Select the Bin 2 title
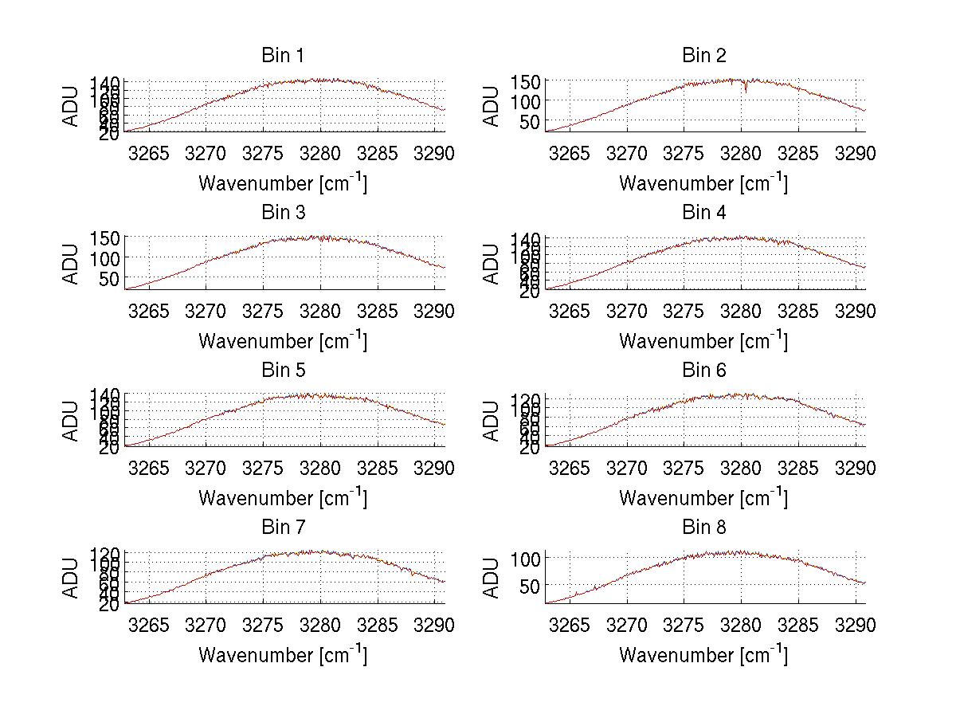click(x=703, y=56)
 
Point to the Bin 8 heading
click(x=703, y=528)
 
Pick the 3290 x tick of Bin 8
click(x=856, y=626)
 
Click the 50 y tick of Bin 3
click(x=109, y=278)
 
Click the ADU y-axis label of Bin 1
click(x=72, y=106)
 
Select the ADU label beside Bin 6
click(x=492, y=421)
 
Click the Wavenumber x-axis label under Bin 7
click(x=282, y=654)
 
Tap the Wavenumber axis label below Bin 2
click(x=703, y=182)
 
